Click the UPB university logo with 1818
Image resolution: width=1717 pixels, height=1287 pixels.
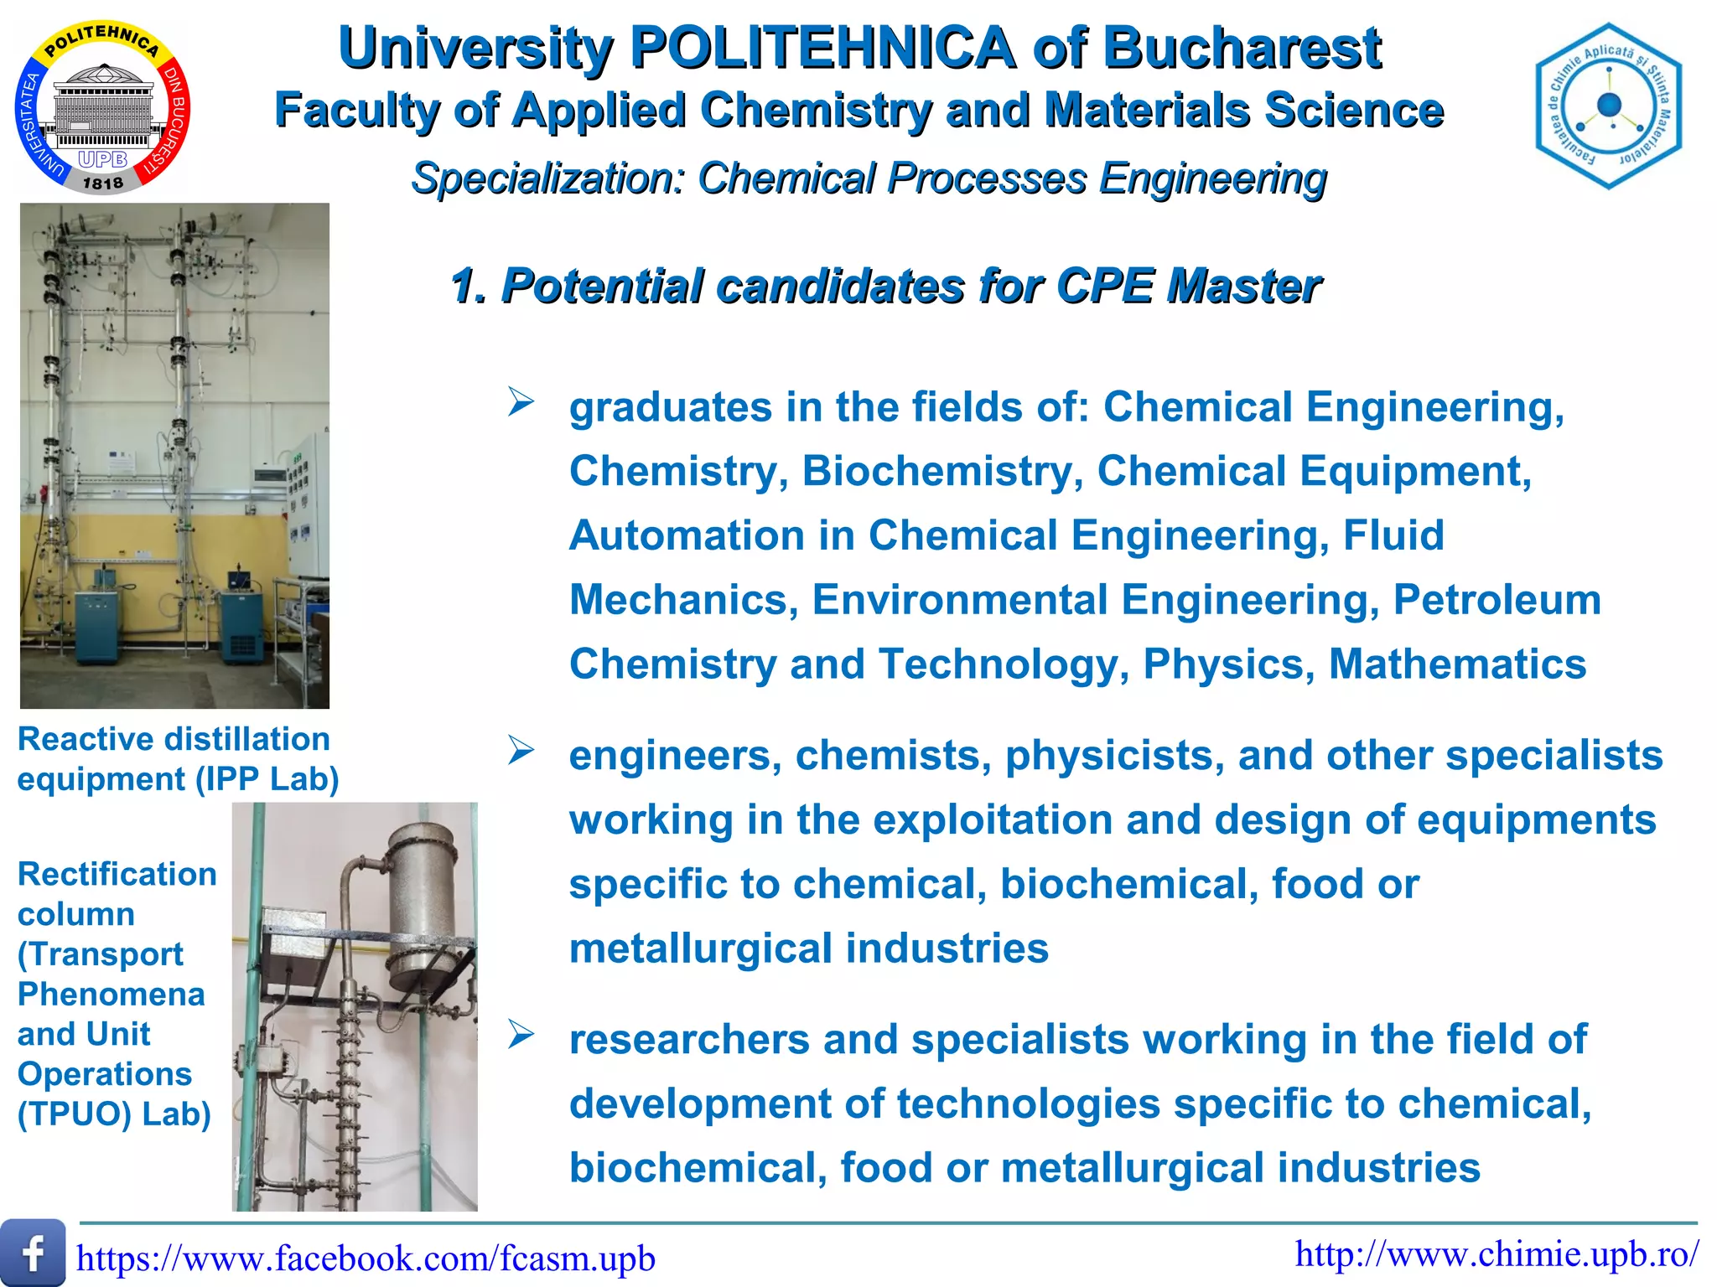pos(102,107)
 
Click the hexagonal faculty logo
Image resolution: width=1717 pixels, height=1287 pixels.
pos(1608,106)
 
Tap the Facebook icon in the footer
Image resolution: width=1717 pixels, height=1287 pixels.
pos(33,1253)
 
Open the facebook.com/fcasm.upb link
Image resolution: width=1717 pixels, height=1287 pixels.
pos(366,1259)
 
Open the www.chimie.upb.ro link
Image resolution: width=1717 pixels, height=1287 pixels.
pos(1497,1254)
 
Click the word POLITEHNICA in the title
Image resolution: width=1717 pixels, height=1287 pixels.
pos(822,49)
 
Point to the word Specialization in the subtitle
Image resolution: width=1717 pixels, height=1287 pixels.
pos(549,178)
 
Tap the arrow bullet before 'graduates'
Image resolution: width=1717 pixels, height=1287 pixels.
pos(521,403)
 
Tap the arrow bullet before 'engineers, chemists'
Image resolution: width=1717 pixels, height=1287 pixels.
pos(521,752)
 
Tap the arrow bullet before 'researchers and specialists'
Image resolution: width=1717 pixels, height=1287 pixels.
pos(521,1036)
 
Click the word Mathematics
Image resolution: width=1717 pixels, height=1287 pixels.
pos(1457,664)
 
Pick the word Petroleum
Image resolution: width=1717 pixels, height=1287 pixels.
pos(1497,600)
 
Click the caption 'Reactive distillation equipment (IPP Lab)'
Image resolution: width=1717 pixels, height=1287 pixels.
pos(178,759)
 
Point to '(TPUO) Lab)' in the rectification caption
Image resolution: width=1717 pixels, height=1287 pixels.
pos(114,1114)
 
